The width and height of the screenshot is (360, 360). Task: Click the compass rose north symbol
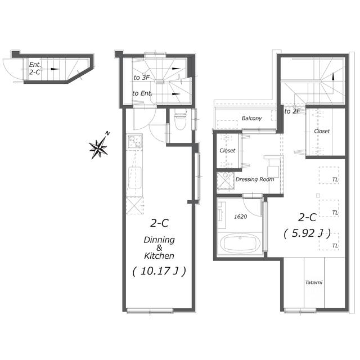[x=99, y=147]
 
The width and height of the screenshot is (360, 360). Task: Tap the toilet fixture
[x=181, y=119]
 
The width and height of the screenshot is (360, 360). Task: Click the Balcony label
[x=251, y=118]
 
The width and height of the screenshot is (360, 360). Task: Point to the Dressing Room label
[x=255, y=179]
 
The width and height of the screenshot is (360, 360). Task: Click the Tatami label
[x=314, y=282]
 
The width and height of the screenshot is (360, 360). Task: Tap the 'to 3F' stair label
[x=141, y=78]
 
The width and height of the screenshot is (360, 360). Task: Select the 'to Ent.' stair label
[x=142, y=93]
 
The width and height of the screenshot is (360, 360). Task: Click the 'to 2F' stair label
[x=292, y=111]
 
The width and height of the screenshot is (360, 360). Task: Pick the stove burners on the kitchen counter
[x=135, y=141]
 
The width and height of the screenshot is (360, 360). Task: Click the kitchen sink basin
[x=135, y=178]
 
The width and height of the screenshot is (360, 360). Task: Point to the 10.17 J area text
[x=159, y=271]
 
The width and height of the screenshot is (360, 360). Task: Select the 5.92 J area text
[x=307, y=233]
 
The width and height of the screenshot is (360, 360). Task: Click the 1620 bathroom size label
[x=240, y=217]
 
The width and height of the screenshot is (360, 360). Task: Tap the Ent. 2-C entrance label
[x=35, y=69]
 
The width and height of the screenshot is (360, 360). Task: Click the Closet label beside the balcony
[x=227, y=151]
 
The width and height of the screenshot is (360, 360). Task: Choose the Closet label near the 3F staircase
[x=322, y=131]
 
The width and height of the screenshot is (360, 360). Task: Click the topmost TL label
[x=335, y=180]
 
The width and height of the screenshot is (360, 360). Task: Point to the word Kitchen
[x=159, y=256]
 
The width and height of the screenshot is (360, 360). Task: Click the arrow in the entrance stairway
[x=55, y=69]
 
